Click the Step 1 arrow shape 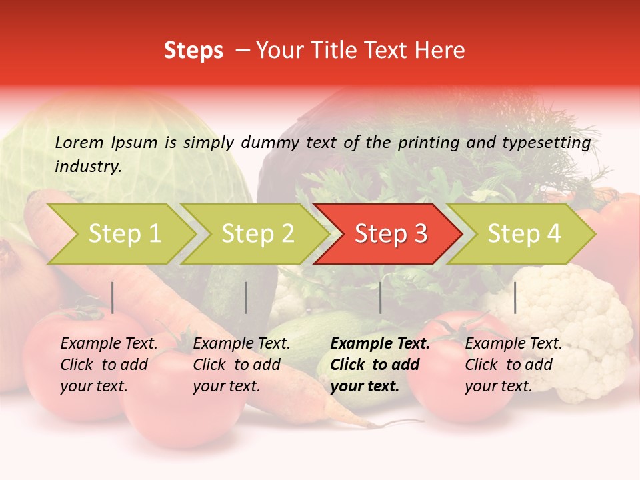pos(120,234)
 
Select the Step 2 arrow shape pos(253,234)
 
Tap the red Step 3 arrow pos(387,234)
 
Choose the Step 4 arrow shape pos(520,234)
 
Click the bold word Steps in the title pos(193,51)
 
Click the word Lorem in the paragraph pos(79,142)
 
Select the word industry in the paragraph pos(87,167)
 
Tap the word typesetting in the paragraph pos(546,143)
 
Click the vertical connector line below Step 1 pos(113,297)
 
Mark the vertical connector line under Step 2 pos(246,297)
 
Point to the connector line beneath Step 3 pos(380,297)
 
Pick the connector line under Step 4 pos(515,297)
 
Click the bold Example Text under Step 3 pos(380,344)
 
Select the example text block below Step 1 pos(109,365)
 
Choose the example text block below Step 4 pos(513,365)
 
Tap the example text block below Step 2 pos(241,365)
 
